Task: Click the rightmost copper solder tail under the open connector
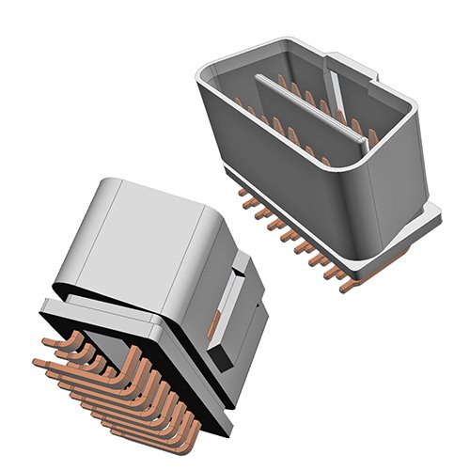[350, 285]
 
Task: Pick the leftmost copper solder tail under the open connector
[246, 201]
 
